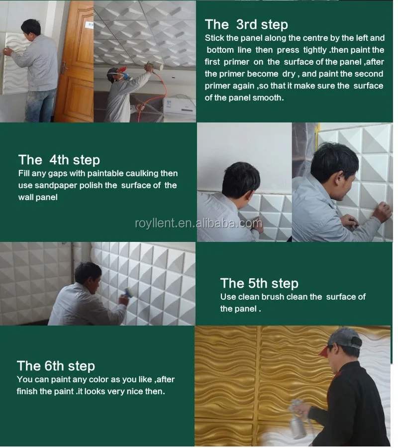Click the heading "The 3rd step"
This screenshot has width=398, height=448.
coord(246,24)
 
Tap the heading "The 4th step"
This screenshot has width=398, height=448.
coord(59,160)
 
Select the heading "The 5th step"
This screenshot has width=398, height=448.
coord(259,283)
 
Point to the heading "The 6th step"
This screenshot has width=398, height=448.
coord(56,366)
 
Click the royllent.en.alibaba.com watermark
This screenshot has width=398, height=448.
coord(199,224)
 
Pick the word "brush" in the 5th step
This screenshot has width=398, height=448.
coord(273,297)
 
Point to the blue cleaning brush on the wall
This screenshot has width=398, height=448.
coord(128,292)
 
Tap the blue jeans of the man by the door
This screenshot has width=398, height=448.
coord(41,105)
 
